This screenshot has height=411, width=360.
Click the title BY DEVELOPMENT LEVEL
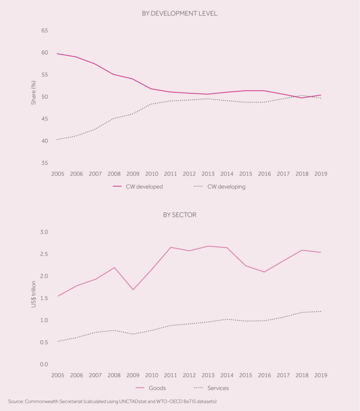pos(180,14)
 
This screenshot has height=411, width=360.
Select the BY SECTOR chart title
pos(180,215)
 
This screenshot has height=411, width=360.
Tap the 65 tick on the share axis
pos(44,31)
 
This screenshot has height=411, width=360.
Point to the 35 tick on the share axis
pos(44,163)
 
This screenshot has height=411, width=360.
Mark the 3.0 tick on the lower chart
pos(44,232)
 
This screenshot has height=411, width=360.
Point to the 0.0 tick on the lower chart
pos(44,364)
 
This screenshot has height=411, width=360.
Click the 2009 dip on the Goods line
pos(133,290)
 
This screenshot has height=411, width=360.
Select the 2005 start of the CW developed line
pos(58,54)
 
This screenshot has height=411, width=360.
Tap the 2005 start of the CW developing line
pos(58,140)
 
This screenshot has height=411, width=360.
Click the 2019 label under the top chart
pos(321,174)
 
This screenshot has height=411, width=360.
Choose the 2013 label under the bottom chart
pos(208,375)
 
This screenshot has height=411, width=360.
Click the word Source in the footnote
pos(15,401)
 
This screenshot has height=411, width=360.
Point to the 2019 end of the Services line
pos(321,311)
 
